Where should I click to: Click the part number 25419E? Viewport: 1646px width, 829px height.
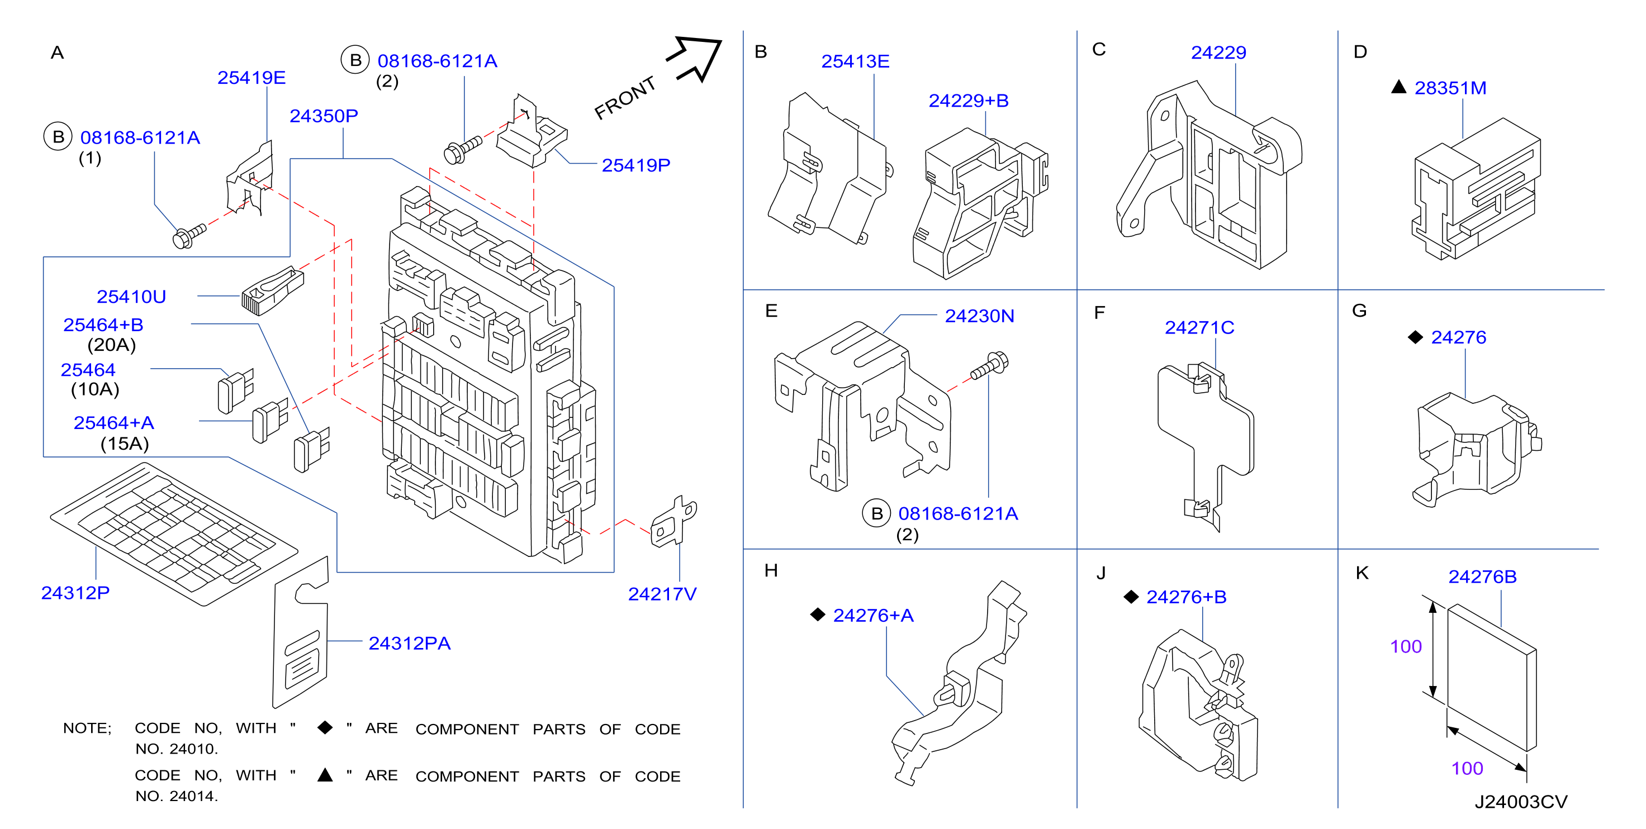[x=251, y=78]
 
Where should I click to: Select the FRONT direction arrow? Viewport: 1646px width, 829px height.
[x=694, y=59]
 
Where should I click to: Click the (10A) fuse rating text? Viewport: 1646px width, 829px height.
[x=95, y=389]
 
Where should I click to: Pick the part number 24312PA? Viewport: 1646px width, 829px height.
[x=409, y=644]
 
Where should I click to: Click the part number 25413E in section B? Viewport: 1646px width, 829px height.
[x=855, y=61]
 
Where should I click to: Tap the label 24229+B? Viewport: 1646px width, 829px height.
[x=968, y=101]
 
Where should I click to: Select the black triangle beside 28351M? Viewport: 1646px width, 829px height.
[x=1399, y=87]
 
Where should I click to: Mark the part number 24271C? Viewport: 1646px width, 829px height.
[x=1199, y=328]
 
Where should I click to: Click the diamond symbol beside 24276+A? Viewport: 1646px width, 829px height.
[x=817, y=614]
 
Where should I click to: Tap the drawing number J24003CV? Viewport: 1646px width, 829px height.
[x=1521, y=802]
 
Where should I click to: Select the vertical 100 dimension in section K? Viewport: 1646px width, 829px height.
[x=1406, y=647]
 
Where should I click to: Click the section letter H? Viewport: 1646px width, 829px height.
[x=771, y=570]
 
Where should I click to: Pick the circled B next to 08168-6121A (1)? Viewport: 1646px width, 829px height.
[x=58, y=137]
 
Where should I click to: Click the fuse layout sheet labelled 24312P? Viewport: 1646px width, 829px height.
[x=174, y=534]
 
